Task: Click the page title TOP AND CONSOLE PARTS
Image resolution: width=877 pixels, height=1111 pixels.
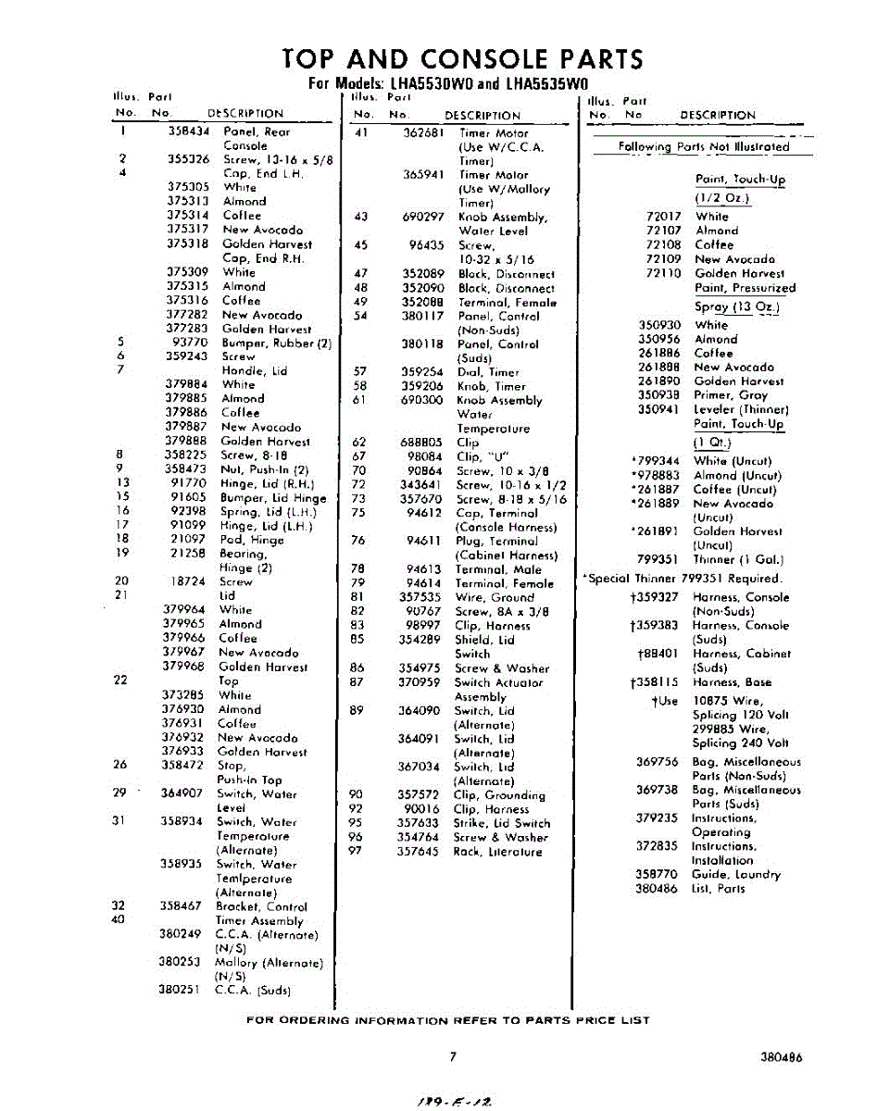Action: point(462,60)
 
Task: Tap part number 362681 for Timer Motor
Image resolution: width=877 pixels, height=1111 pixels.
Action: point(425,132)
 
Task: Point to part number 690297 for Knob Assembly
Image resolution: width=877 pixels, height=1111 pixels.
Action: point(425,217)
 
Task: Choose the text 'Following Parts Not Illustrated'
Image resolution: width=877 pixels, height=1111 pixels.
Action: point(704,146)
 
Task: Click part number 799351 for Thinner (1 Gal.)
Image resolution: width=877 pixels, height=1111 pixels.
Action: point(658,559)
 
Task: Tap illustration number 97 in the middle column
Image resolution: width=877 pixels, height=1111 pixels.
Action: point(356,852)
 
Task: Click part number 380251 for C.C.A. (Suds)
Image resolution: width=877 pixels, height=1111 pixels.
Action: point(182,990)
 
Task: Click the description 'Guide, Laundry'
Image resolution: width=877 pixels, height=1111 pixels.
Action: point(736,874)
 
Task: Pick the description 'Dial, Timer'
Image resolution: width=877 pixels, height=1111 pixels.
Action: point(488,372)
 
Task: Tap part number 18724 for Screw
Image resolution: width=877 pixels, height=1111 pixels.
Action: point(187,581)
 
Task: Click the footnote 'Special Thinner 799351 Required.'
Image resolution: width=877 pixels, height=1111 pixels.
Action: point(683,579)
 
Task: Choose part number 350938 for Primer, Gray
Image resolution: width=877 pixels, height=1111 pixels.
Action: point(659,394)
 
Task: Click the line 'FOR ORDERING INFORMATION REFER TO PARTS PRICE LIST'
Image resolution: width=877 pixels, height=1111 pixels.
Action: point(447,1020)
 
